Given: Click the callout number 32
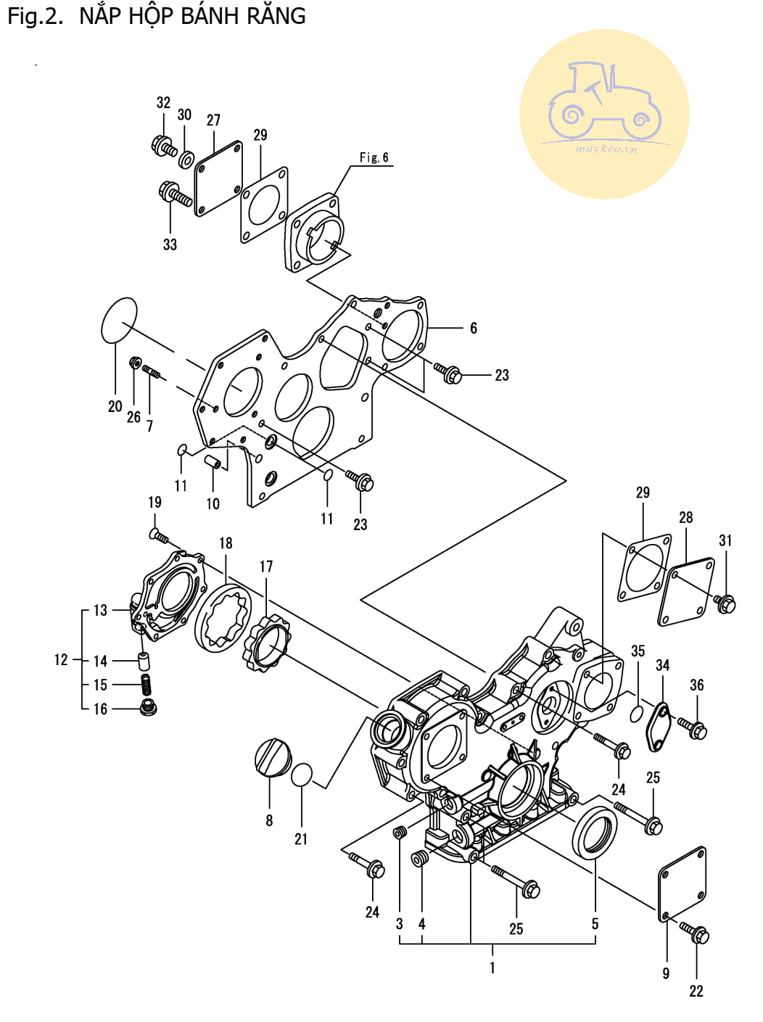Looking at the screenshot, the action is click(163, 102).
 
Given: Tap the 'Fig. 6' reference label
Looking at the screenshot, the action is click(374, 157).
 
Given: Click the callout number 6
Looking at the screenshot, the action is click(474, 328).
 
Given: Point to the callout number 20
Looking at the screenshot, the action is click(115, 406).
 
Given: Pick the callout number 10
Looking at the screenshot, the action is click(213, 503).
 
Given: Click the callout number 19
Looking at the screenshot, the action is click(154, 502).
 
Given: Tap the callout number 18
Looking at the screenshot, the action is click(226, 543).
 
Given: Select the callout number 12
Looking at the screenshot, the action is click(61, 659).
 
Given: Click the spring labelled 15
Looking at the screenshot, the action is click(147, 685).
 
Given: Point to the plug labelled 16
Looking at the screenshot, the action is click(148, 708).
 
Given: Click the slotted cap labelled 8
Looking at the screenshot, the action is click(272, 757).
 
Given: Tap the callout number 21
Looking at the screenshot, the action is click(301, 839).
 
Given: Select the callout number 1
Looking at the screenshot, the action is click(492, 968).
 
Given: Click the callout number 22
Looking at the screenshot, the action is click(696, 992).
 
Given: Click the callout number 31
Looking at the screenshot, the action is click(725, 540).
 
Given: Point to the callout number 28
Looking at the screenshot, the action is click(685, 517).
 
